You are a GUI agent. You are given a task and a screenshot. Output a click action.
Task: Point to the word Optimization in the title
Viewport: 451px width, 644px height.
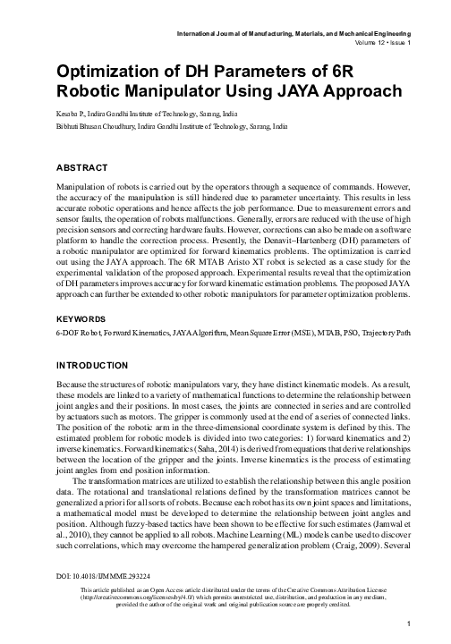114,72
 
